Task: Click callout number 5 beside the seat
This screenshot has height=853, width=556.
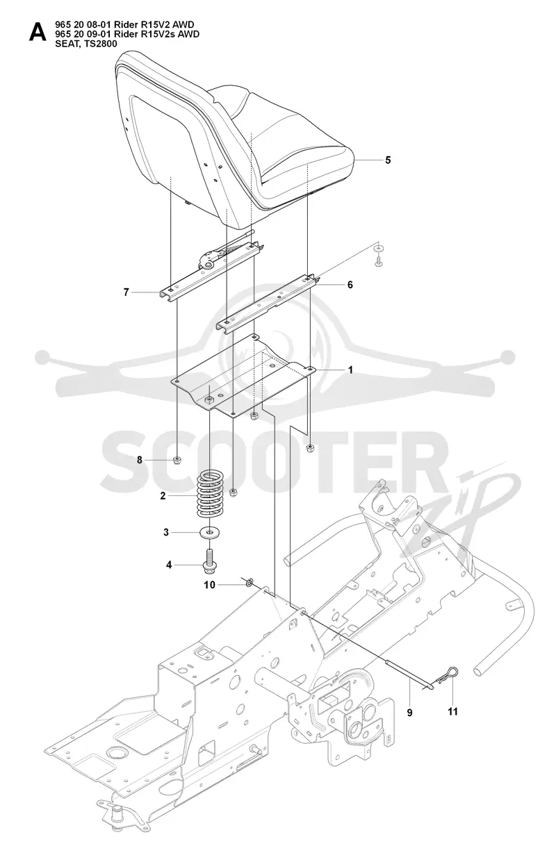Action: click(388, 160)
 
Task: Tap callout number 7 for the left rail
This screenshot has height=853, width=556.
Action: click(126, 292)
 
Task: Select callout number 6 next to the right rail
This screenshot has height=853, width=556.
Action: click(350, 285)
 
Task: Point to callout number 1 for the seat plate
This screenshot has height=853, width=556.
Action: click(350, 370)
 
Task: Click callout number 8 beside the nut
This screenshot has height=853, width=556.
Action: click(140, 460)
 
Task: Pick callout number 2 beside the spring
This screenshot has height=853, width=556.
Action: click(163, 496)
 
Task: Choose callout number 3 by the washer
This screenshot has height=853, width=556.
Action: click(166, 532)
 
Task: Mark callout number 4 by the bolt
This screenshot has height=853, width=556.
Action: click(169, 565)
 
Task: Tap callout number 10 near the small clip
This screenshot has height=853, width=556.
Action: click(210, 585)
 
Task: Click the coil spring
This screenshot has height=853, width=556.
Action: click(208, 495)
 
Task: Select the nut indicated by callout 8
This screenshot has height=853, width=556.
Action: click(177, 460)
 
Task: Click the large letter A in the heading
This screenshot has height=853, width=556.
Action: click(38, 32)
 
